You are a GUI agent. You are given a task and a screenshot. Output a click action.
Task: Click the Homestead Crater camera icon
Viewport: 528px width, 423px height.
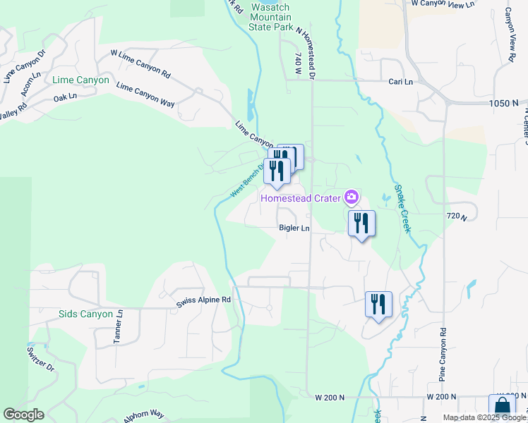[x=352, y=197]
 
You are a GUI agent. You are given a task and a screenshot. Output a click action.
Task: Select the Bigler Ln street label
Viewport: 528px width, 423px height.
[x=294, y=228]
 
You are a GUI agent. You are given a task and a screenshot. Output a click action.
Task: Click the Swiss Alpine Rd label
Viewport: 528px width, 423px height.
[x=203, y=300]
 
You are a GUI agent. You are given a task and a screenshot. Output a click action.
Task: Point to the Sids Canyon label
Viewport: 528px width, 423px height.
[x=85, y=314]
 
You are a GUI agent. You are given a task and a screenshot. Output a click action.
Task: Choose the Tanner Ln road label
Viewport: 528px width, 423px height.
[x=119, y=327]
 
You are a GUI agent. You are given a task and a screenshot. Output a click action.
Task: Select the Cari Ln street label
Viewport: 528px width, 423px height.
[x=400, y=82]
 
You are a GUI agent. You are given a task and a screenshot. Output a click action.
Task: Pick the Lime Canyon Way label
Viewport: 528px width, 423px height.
[x=145, y=96]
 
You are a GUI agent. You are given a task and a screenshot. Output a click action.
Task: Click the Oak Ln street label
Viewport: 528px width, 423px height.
[x=65, y=97]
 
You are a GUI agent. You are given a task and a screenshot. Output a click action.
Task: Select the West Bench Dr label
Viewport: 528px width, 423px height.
[x=247, y=181]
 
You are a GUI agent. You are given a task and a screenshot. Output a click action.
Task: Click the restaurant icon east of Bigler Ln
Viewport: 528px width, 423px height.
[x=361, y=223]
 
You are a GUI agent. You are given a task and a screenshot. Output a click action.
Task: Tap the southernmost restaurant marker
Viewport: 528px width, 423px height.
[x=378, y=305]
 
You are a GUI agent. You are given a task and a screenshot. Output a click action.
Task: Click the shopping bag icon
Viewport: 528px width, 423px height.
[x=501, y=407]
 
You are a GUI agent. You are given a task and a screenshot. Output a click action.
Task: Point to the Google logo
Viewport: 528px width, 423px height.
[x=23, y=415]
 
